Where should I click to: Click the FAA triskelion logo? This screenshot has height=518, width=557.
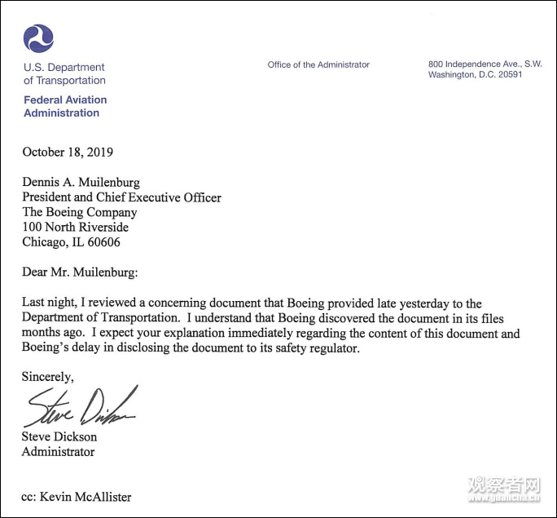pyautogui.click(x=38, y=38)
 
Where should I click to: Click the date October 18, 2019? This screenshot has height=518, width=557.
pyautogui.click(x=68, y=152)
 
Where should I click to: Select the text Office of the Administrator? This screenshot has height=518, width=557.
pyautogui.click(x=318, y=64)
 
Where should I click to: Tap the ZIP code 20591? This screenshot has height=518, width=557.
pyautogui.click(x=506, y=75)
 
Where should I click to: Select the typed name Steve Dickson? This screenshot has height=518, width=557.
pyautogui.click(x=59, y=436)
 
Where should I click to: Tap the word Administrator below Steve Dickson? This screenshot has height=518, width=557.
pyautogui.click(x=58, y=451)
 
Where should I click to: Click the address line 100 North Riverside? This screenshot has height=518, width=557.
pyautogui.click(x=75, y=227)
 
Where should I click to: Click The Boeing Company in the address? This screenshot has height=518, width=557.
pyautogui.click(x=79, y=212)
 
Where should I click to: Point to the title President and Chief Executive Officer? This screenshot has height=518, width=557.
pyautogui.click(x=121, y=197)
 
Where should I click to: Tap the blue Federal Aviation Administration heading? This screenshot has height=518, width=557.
pyautogui.click(x=65, y=106)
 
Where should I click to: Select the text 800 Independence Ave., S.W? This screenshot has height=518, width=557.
pyautogui.click(x=485, y=64)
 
